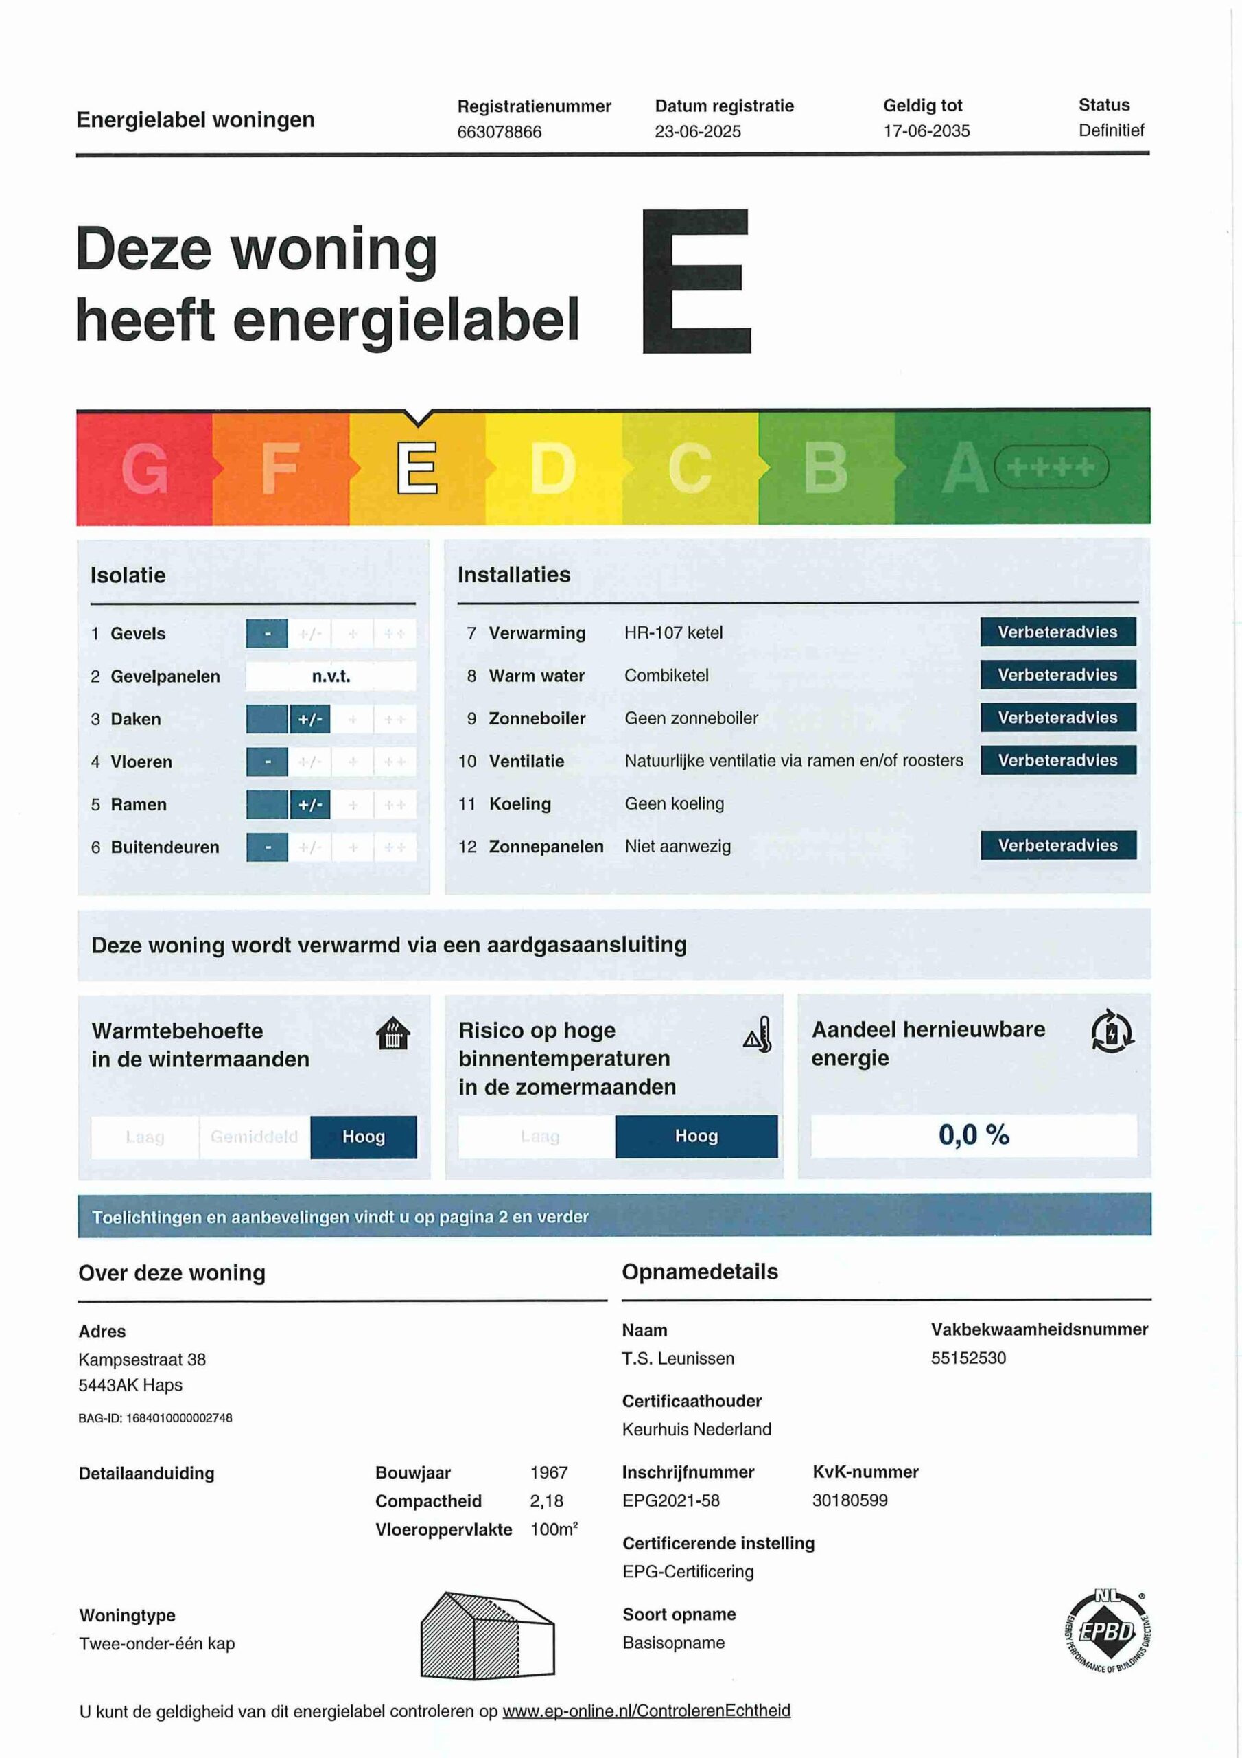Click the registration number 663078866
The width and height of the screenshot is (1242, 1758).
click(499, 132)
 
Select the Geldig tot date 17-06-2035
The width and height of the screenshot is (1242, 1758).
click(926, 131)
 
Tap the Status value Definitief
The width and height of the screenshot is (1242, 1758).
click(1111, 130)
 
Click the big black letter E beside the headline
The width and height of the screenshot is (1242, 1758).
click(696, 281)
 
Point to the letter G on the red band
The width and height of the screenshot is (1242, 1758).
click(145, 468)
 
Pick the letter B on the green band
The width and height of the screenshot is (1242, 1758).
click(825, 468)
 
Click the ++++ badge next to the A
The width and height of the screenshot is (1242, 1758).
click(1051, 467)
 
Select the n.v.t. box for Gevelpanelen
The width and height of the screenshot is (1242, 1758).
click(331, 676)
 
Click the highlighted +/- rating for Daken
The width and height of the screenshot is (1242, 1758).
click(310, 719)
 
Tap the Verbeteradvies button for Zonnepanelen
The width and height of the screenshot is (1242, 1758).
click(1057, 845)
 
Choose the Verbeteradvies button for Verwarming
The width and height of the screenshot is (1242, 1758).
click(1057, 632)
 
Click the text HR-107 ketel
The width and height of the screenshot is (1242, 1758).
click(672, 632)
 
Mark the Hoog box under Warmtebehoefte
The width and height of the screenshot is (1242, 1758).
click(364, 1137)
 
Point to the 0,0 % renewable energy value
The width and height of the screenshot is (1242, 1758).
click(974, 1134)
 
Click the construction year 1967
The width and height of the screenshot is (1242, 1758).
click(549, 1472)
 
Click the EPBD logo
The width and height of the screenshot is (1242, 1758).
click(1109, 1632)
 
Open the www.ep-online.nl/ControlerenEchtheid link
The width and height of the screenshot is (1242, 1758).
click(646, 1711)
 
